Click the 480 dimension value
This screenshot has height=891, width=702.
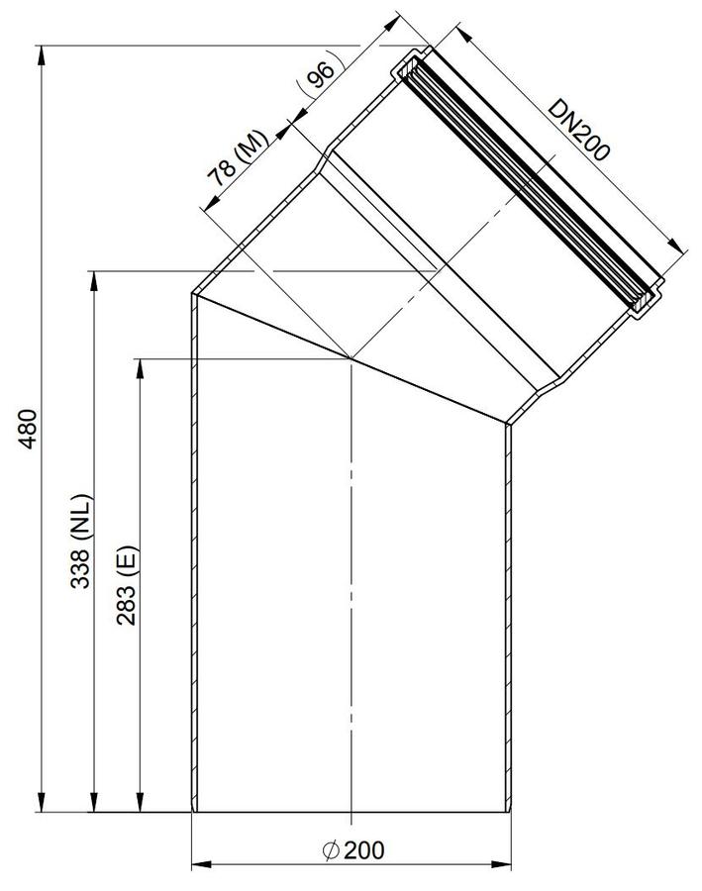click(x=28, y=428)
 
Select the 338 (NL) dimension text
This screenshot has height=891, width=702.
click(x=80, y=542)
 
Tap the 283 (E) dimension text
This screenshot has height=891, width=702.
click(x=126, y=585)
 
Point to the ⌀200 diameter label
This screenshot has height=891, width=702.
click(x=353, y=850)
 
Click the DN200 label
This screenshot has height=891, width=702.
click(x=578, y=130)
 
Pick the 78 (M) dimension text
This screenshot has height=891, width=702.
click(x=237, y=158)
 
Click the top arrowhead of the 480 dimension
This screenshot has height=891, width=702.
click(x=41, y=55)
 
